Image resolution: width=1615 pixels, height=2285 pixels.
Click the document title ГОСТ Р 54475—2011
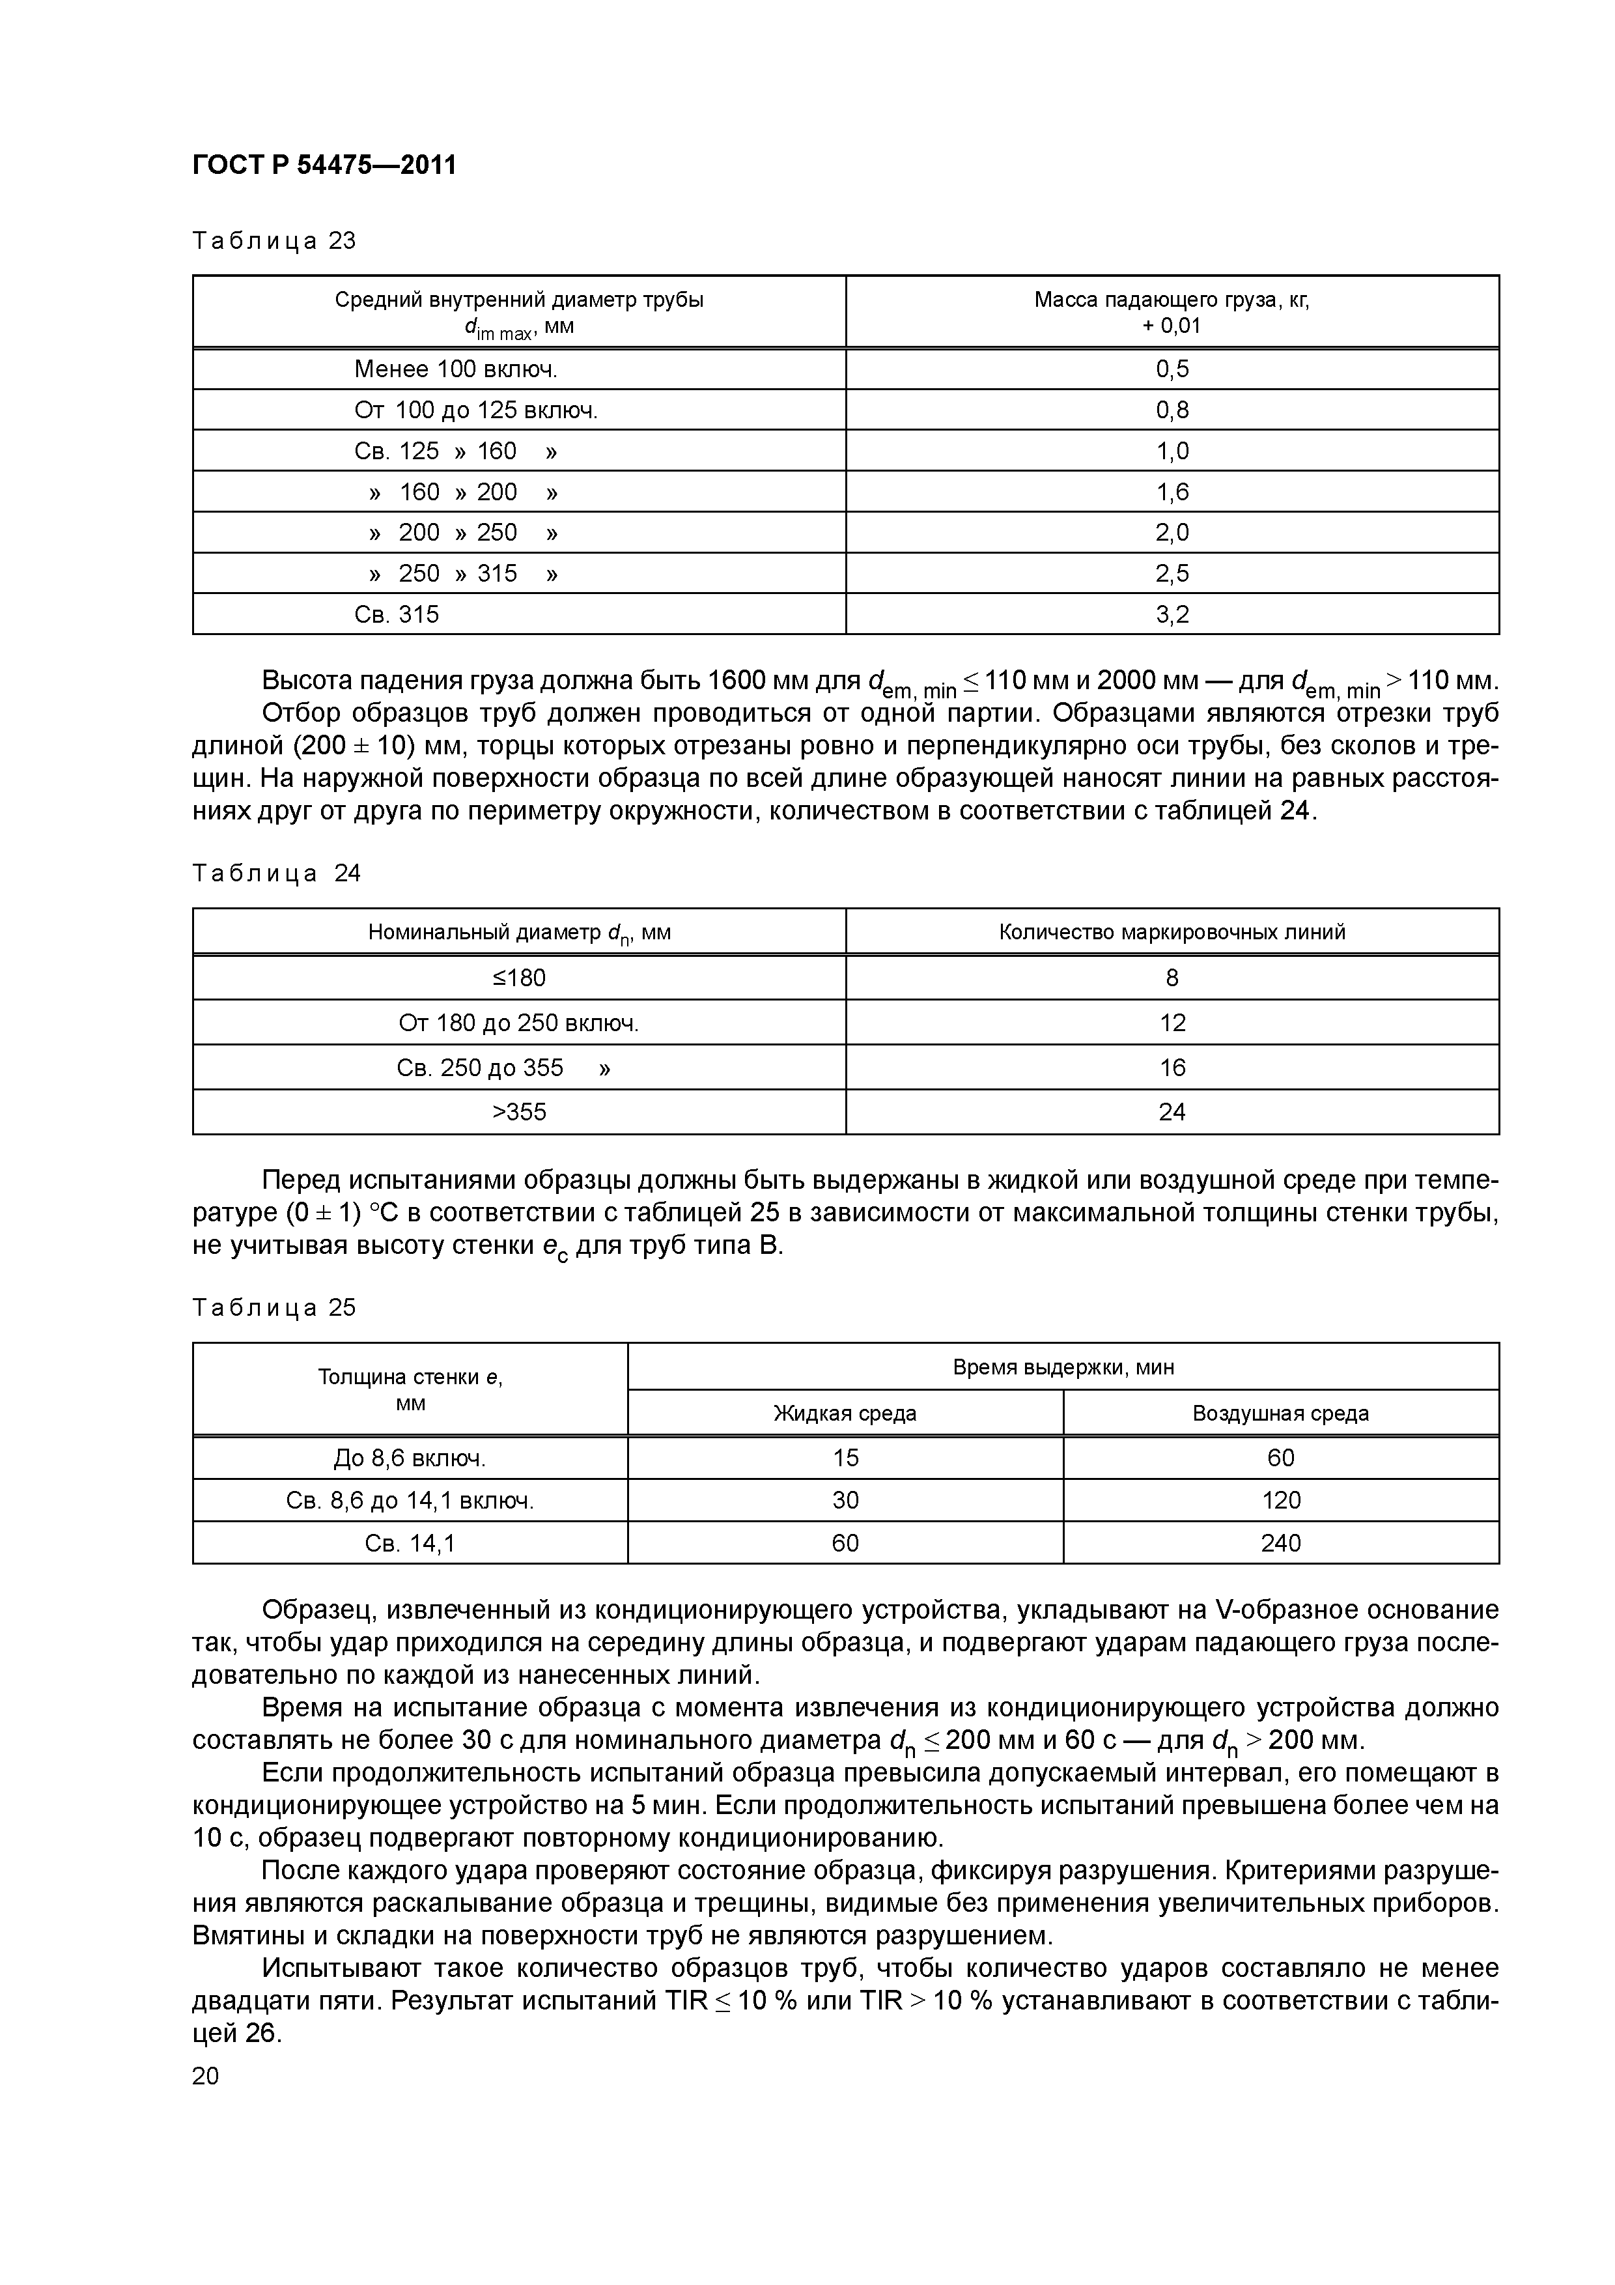click(x=324, y=165)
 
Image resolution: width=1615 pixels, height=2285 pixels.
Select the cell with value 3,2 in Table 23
click(x=1172, y=614)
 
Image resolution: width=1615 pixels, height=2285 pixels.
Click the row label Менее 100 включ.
click(x=456, y=369)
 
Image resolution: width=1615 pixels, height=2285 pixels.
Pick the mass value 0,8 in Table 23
click(x=1172, y=410)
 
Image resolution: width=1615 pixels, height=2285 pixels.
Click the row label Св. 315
click(x=396, y=614)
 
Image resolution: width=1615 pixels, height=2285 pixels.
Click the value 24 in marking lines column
click(x=1172, y=1112)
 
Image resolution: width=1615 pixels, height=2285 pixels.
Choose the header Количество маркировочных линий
click(x=1172, y=933)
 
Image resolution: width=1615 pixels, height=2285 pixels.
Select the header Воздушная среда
click(x=1281, y=1413)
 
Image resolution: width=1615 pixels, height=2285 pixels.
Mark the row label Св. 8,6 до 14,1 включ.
click(x=410, y=1501)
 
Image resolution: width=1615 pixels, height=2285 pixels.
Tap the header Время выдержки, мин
click(x=1063, y=1367)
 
